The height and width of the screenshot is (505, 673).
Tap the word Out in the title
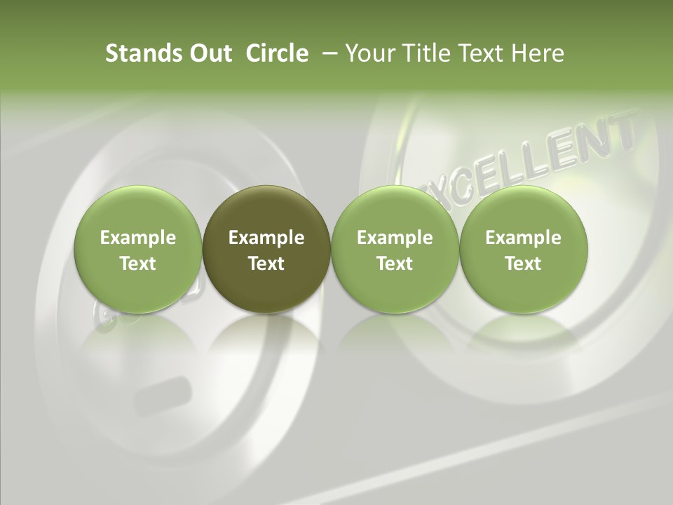tap(208, 53)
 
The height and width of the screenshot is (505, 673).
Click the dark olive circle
tap(266, 249)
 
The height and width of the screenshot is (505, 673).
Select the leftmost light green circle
tap(138, 249)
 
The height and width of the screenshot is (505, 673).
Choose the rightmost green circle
tap(524, 249)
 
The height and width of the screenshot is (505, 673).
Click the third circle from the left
tap(395, 249)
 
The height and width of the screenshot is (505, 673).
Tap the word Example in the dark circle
tap(266, 238)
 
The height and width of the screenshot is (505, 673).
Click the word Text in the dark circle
tap(266, 264)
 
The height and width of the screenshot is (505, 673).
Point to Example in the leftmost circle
tap(138, 238)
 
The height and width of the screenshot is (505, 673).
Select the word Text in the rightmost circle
tap(524, 264)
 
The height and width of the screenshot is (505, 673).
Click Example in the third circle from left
tap(395, 238)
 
